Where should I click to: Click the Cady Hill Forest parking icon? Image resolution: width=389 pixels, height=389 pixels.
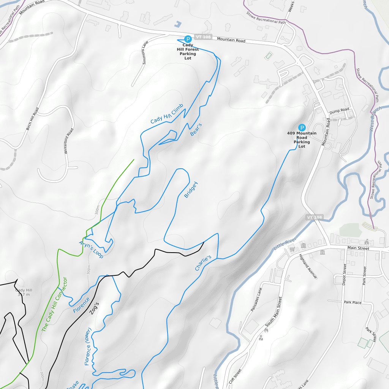click(188, 39)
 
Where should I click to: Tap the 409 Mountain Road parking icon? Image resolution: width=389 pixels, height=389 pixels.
click(302, 128)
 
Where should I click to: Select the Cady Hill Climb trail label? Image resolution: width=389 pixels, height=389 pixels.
click(167, 114)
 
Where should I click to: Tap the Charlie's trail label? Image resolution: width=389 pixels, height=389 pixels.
click(203, 263)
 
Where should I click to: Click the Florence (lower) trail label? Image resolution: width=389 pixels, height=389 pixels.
click(88, 346)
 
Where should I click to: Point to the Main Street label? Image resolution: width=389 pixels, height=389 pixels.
click(358, 248)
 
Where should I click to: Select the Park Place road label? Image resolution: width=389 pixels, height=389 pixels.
click(353, 303)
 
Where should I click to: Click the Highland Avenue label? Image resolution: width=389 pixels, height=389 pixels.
click(308, 266)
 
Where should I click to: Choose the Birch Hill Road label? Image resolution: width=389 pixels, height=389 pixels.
click(32, 119)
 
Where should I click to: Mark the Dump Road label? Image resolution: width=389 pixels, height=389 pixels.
click(339, 110)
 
